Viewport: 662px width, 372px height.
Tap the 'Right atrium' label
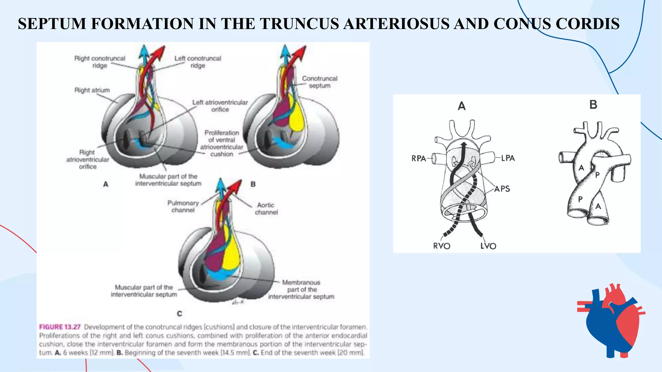pos(92,90)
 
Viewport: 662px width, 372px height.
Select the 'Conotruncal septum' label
pos(319,82)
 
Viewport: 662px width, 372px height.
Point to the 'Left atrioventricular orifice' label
pos(220,106)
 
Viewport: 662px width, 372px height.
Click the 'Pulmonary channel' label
pos(183,206)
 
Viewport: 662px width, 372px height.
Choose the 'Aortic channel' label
pos(266,209)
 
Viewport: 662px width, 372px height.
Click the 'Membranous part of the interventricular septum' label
pos(301,289)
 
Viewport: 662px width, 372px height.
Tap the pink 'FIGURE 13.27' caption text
pos(60,327)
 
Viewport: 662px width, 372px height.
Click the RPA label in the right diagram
pos(418,159)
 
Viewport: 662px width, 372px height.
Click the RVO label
pos(442,246)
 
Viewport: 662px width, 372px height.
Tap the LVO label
pos(488,246)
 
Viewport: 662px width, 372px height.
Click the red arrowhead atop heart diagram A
pos(160,51)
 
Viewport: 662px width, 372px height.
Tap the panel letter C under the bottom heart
pos(180,314)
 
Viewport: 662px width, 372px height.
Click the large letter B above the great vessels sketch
pos(593,105)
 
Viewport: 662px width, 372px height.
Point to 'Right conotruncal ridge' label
pos(100,62)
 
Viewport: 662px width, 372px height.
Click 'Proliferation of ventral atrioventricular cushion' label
pos(221,143)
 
